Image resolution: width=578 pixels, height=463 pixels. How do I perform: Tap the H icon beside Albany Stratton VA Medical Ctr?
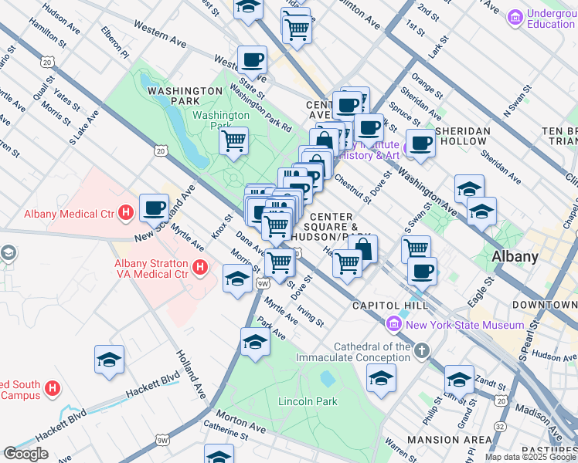pos(200,267)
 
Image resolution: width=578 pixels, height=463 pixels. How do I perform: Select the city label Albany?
pos(515,256)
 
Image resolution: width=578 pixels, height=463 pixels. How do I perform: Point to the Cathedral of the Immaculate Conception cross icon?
pos(422,352)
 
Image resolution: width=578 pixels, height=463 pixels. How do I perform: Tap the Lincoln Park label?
pos(308,401)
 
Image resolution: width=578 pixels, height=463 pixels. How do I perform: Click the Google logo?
pos(26,453)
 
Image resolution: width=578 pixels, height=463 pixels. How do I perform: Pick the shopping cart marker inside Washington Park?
pos(233,141)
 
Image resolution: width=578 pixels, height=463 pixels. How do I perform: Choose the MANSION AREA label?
pos(449,440)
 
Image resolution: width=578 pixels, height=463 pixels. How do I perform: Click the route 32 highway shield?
pos(501,425)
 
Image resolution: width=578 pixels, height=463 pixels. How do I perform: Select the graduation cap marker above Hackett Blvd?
pos(109,359)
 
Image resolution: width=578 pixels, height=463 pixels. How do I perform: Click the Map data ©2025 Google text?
pos(530,457)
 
